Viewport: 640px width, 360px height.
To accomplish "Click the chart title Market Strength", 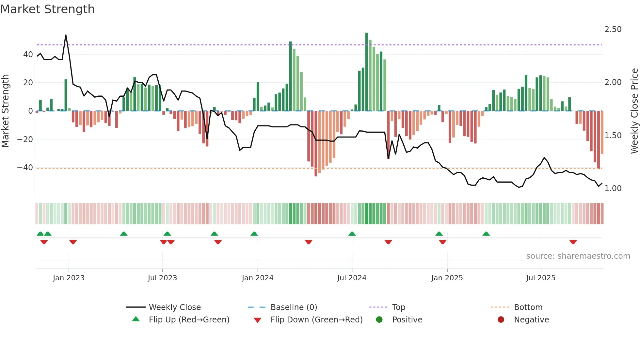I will pyautogui.click(x=47, y=9).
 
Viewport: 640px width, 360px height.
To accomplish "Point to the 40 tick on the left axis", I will pyautogui.click(x=28, y=55).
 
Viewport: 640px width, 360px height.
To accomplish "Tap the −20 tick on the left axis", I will pyautogui.click(x=25, y=139).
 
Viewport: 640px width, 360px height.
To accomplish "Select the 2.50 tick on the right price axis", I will pyautogui.click(x=613, y=29).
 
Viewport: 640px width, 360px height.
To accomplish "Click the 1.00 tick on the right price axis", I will pyautogui.click(x=613, y=188).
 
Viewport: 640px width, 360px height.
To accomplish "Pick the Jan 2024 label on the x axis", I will pyautogui.click(x=257, y=278).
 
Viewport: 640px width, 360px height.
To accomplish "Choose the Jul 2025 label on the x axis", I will pyautogui.click(x=540, y=278).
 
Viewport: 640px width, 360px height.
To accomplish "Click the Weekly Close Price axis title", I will pyautogui.click(x=634, y=111).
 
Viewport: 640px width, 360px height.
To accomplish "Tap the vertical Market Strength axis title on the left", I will pyautogui.click(x=5, y=111).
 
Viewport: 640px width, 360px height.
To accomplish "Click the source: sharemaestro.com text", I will pyautogui.click(x=578, y=256).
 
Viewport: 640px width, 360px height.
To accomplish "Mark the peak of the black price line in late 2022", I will pyautogui.click(x=66, y=35).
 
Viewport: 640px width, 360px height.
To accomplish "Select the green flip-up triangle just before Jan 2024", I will pyautogui.click(x=254, y=234).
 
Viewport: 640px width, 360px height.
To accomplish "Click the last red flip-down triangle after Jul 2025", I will pyautogui.click(x=573, y=242).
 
